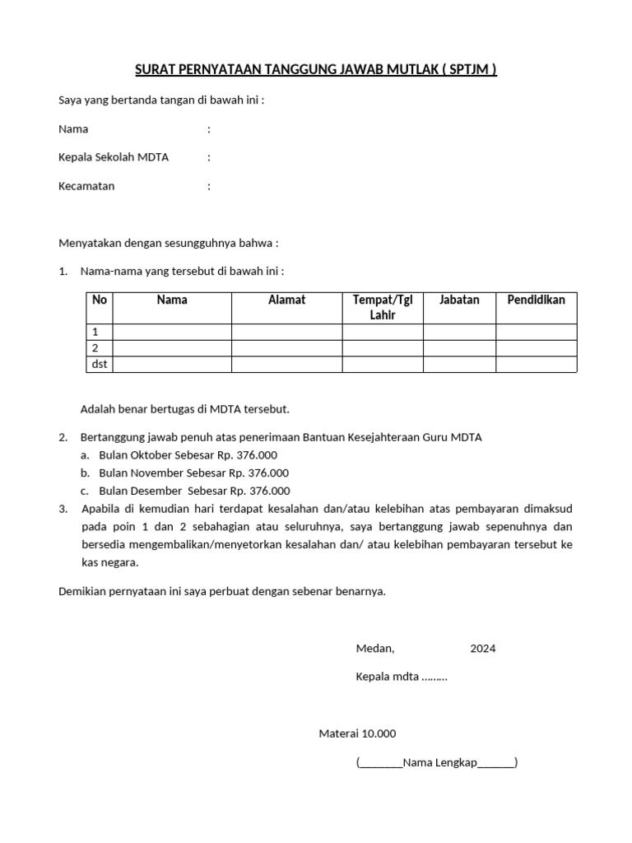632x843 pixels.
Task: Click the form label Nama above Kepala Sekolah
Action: pyautogui.click(x=73, y=129)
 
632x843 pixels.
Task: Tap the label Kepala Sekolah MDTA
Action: pyautogui.click(x=114, y=157)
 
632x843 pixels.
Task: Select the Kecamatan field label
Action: pyautogui.click(x=86, y=186)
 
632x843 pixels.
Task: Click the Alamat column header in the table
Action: pyautogui.click(x=286, y=300)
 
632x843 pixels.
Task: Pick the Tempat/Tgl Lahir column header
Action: pyautogui.click(x=383, y=307)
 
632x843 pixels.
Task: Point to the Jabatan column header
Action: pyautogui.click(x=459, y=300)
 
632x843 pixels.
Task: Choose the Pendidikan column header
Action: pyautogui.click(x=536, y=300)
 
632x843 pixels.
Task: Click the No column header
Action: pyautogui.click(x=100, y=300)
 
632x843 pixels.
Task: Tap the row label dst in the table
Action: pyautogui.click(x=100, y=364)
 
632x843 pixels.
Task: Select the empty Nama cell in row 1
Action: pyautogui.click(x=172, y=332)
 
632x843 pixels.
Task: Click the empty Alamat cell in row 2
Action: pyautogui.click(x=286, y=348)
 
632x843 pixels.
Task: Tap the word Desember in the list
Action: pyautogui.click(x=155, y=491)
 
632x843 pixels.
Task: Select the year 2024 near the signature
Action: pyautogui.click(x=483, y=649)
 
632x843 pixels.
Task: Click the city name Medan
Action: pyautogui.click(x=374, y=649)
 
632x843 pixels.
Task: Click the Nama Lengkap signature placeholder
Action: pyautogui.click(x=436, y=763)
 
